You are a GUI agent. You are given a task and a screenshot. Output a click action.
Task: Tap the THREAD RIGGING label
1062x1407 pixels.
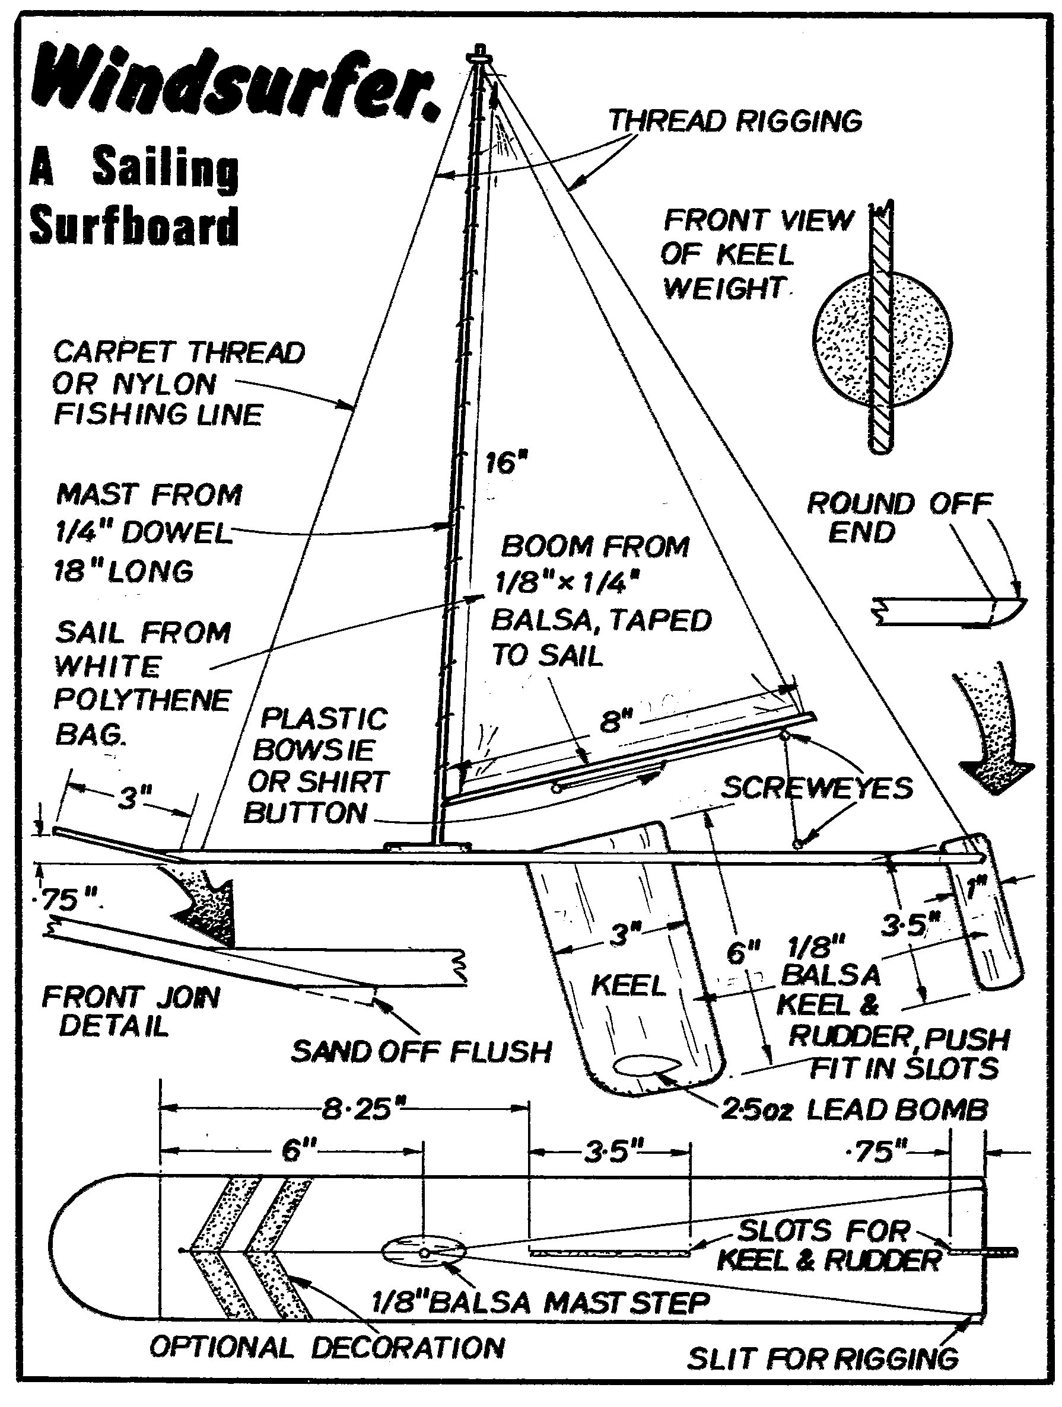(x=735, y=121)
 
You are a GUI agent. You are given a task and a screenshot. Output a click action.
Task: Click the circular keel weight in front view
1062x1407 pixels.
(x=885, y=340)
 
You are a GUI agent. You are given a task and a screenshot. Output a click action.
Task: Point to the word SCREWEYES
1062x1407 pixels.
(x=816, y=789)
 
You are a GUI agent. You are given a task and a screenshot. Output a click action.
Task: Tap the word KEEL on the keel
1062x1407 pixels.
(x=628, y=985)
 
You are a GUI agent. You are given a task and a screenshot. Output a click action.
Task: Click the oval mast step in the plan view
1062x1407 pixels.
(x=424, y=1250)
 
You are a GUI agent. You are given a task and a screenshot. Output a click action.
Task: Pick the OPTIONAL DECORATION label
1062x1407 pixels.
(x=327, y=1347)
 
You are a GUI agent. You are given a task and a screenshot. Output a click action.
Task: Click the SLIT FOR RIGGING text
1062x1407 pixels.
(x=822, y=1358)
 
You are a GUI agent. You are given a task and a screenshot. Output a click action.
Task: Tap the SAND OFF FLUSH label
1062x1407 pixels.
(x=421, y=1052)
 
